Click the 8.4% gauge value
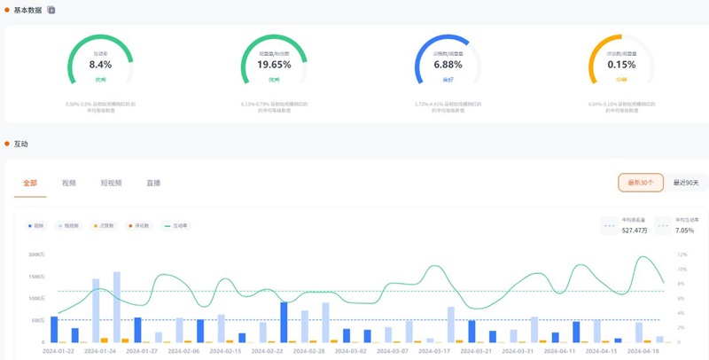click(x=100, y=65)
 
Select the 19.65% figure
click(x=274, y=65)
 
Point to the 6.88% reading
click(x=448, y=65)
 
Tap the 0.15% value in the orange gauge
click(x=621, y=65)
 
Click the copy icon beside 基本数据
click(x=51, y=10)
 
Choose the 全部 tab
click(x=30, y=183)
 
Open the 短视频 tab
click(x=111, y=183)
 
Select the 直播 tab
click(x=153, y=183)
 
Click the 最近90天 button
click(x=685, y=183)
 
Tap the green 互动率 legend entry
click(x=177, y=226)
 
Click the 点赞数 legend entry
click(x=103, y=226)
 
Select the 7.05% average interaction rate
click(x=685, y=230)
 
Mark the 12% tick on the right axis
click(x=682, y=254)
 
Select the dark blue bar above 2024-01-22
click(x=54, y=329)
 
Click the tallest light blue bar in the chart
click(x=117, y=307)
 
